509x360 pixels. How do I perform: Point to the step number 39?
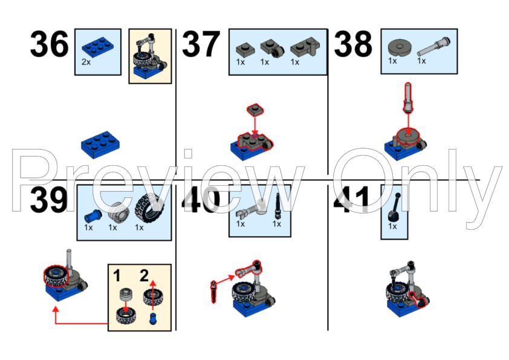click(49, 200)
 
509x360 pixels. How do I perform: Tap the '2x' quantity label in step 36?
click(86, 62)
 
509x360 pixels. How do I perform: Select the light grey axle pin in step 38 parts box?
click(433, 47)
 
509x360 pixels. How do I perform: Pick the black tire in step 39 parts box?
click(150, 208)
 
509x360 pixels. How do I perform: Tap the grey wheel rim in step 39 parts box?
click(118, 212)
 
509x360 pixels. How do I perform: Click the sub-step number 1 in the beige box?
click(117, 276)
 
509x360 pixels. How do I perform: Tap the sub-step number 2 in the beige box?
click(144, 275)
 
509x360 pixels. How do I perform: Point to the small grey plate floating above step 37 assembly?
click(255, 110)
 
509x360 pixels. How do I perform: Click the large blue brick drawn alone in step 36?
click(100, 145)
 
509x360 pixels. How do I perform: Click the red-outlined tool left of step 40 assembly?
click(213, 292)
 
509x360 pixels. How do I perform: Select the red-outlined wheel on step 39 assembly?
click(56, 276)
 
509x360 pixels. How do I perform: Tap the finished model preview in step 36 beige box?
click(150, 56)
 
